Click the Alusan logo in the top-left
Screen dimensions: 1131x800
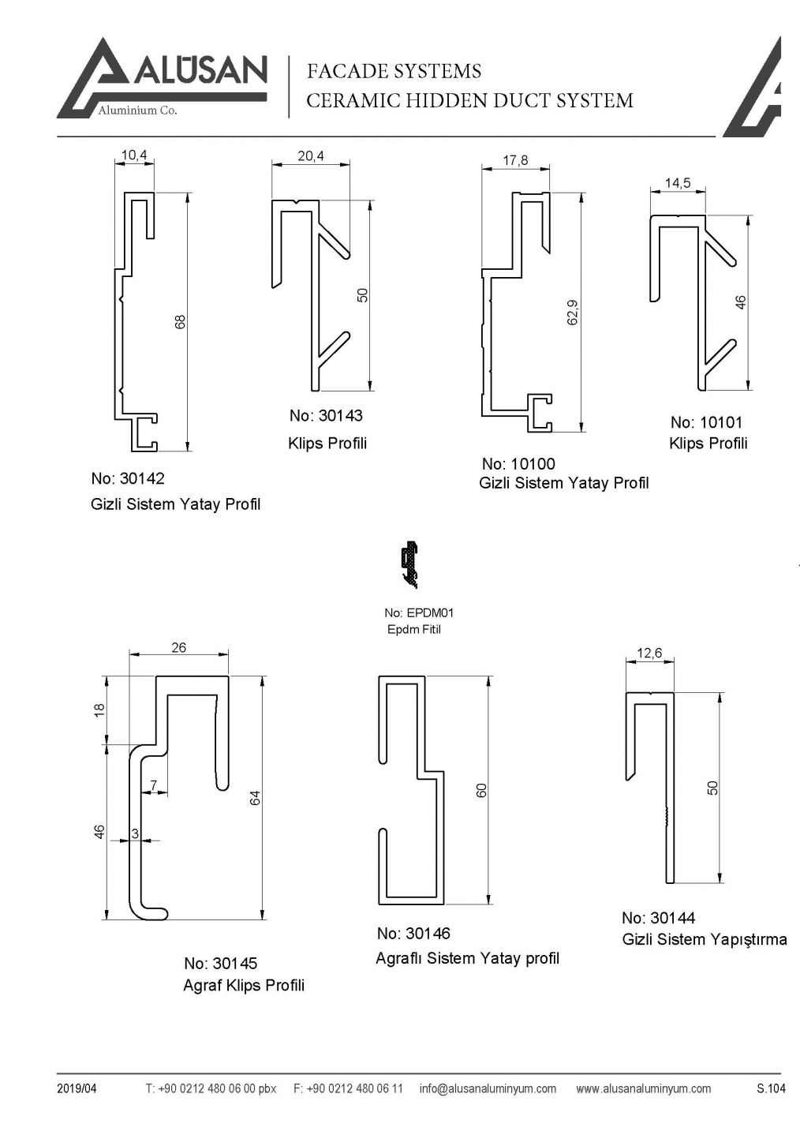(162, 78)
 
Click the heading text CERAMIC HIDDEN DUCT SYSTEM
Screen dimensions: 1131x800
(469, 101)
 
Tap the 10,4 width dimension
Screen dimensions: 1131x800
(134, 155)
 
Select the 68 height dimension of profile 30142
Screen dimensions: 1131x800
(181, 322)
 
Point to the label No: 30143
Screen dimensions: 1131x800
(326, 416)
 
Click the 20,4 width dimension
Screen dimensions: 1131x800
(310, 156)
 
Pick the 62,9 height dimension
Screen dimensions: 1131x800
(573, 312)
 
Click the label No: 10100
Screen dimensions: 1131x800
(518, 464)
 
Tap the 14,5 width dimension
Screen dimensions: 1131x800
(677, 183)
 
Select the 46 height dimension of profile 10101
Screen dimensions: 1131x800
(741, 302)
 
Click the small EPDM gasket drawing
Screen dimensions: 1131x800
(409, 565)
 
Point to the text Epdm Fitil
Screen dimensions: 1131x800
(413, 630)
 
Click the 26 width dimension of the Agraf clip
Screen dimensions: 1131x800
(179, 648)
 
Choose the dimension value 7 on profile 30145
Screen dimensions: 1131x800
(154, 785)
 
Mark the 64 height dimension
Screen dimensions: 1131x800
(255, 798)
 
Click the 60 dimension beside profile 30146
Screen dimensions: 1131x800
(481, 790)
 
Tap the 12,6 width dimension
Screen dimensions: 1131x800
(649, 654)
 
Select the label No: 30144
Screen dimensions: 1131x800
(658, 918)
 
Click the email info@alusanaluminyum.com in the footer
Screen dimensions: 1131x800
(488, 1088)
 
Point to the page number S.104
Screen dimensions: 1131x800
(770, 1088)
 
